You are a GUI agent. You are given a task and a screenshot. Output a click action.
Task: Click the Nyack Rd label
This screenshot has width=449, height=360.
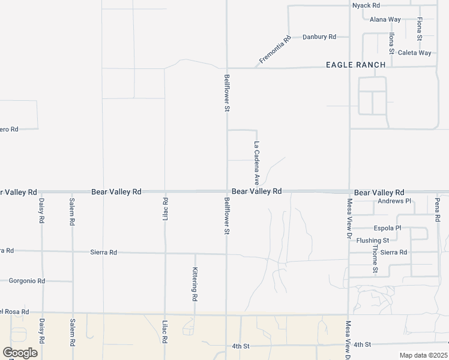tap(366, 5)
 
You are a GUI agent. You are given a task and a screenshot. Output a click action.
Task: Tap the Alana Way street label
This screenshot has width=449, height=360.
tap(385, 19)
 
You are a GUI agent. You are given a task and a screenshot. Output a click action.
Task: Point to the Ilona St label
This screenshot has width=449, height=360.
tap(391, 43)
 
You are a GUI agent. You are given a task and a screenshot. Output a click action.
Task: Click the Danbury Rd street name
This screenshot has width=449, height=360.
tap(319, 37)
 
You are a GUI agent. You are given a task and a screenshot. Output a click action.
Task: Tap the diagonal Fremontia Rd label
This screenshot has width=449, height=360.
tap(275, 50)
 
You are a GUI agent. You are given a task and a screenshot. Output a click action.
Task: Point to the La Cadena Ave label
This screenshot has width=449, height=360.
tap(256, 162)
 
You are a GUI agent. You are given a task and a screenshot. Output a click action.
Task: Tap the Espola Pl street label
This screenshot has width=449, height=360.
tap(387, 229)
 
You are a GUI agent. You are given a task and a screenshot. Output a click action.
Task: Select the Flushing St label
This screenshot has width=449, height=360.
tap(373, 241)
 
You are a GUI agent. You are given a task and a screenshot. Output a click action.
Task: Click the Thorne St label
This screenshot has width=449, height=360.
tap(375, 259)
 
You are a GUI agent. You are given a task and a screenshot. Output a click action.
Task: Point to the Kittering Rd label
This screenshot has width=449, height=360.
tap(195, 284)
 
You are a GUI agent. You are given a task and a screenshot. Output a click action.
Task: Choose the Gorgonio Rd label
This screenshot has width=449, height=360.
tap(27, 281)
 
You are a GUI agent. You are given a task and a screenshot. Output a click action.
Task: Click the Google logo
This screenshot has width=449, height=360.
tap(20, 352)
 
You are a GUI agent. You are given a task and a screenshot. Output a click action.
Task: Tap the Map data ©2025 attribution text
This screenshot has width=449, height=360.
tap(423, 355)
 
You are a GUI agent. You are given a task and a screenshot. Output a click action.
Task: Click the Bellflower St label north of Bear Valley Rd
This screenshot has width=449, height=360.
tap(227, 93)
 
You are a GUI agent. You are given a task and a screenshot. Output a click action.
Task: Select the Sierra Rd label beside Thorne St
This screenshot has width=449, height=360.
tap(394, 252)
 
